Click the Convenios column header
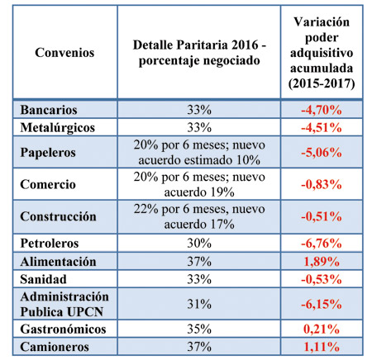coord(64,52)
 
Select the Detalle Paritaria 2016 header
coord(199,53)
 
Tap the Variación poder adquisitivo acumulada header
coord(322,53)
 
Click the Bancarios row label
coord(49,110)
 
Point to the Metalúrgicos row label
coord(57,128)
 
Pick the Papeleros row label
coord(48,153)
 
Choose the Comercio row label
coord(48,184)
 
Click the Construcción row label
coord(58,216)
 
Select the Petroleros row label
coord(50,244)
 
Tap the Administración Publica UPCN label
coord(64,304)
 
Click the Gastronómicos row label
coord(63,329)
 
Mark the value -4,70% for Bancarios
coord(322,110)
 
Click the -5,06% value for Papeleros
coord(322,153)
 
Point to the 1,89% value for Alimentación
coord(322,262)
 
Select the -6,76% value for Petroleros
coord(322,244)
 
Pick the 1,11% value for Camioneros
coord(322,347)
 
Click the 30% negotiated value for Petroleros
coord(199,244)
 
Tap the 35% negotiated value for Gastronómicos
coord(199,329)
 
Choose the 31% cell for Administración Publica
coord(199,304)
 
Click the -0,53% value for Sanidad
coord(322,280)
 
